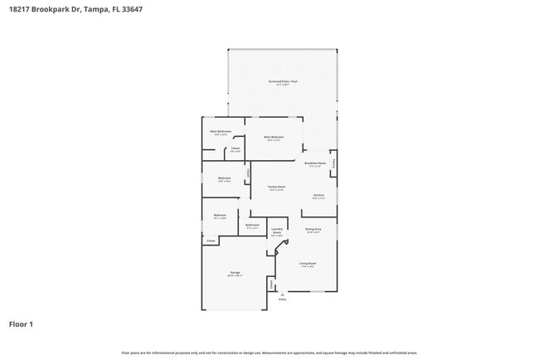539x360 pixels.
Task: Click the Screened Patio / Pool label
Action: [x=282, y=81]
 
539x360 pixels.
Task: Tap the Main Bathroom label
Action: [x=220, y=131]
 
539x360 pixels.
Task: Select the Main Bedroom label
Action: [x=274, y=137]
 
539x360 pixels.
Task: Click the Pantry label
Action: [x=334, y=163]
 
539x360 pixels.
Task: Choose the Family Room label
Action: [x=276, y=187]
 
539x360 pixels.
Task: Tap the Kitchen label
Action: [x=318, y=197]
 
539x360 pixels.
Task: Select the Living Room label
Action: [x=308, y=264]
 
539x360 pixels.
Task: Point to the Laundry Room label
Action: [x=276, y=232]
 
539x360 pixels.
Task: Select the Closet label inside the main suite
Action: [x=236, y=149]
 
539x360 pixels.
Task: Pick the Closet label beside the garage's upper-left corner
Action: [x=211, y=241]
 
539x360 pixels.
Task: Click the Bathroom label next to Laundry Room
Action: [x=253, y=226]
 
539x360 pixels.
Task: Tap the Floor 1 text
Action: [x=22, y=324]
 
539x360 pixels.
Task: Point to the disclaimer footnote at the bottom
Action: [x=269, y=352]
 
